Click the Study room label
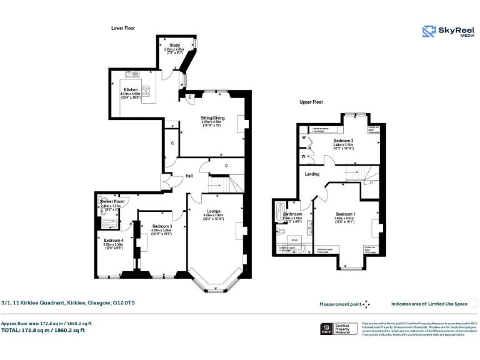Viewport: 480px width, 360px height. tap(175, 46)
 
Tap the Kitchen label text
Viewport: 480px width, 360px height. tap(130, 90)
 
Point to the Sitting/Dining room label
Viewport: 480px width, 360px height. tap(212, 118)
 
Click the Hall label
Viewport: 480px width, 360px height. tap(189, 176)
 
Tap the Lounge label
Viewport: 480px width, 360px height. tap(212, 212)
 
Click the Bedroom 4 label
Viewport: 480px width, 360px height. tap(113, 241)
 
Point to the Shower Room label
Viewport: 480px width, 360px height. tap(112, 201)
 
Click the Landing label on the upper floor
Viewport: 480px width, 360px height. tap(312, 174)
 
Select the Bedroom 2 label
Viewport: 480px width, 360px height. tap(343, 141)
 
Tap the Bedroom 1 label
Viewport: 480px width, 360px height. tap(345, 213)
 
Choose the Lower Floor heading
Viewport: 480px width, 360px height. tap(123, 28)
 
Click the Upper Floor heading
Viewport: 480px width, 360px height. tap(311, 101)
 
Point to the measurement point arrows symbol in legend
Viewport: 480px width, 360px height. tap(366, 304)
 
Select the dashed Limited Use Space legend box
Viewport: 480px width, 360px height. tap(473, 304)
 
